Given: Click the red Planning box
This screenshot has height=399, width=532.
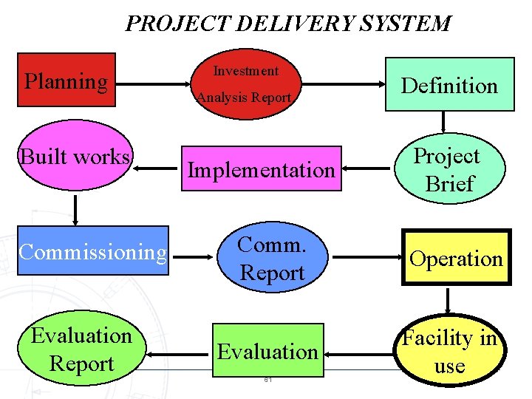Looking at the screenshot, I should coord(66,80).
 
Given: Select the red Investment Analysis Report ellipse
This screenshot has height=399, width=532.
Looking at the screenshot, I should coord(245,83).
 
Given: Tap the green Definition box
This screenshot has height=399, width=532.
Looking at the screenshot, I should coord(449,85).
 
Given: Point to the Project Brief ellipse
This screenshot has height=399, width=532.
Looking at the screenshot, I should coord(448,171).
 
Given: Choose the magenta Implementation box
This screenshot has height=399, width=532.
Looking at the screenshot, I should coord(261,170).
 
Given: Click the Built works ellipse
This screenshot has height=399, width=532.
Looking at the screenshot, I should coord(75,157).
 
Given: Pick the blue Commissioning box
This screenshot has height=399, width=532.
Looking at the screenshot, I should coord(93,253).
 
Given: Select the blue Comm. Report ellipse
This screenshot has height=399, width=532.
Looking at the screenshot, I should coord(273,259).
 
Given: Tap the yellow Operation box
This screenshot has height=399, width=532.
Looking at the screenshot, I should coord(456,259).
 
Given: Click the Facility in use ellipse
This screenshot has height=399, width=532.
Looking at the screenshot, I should coord(449,352).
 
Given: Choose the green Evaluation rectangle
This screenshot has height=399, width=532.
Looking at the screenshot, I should coord(267,351).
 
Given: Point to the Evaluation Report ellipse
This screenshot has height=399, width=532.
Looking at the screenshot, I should coord(81,349).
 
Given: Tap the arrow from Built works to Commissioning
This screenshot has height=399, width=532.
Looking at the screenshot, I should coord(75,209).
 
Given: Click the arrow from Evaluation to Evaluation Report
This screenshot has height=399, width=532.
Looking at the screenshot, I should coord(178,354).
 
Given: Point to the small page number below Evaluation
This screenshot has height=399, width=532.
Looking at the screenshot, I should coord(267,381).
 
